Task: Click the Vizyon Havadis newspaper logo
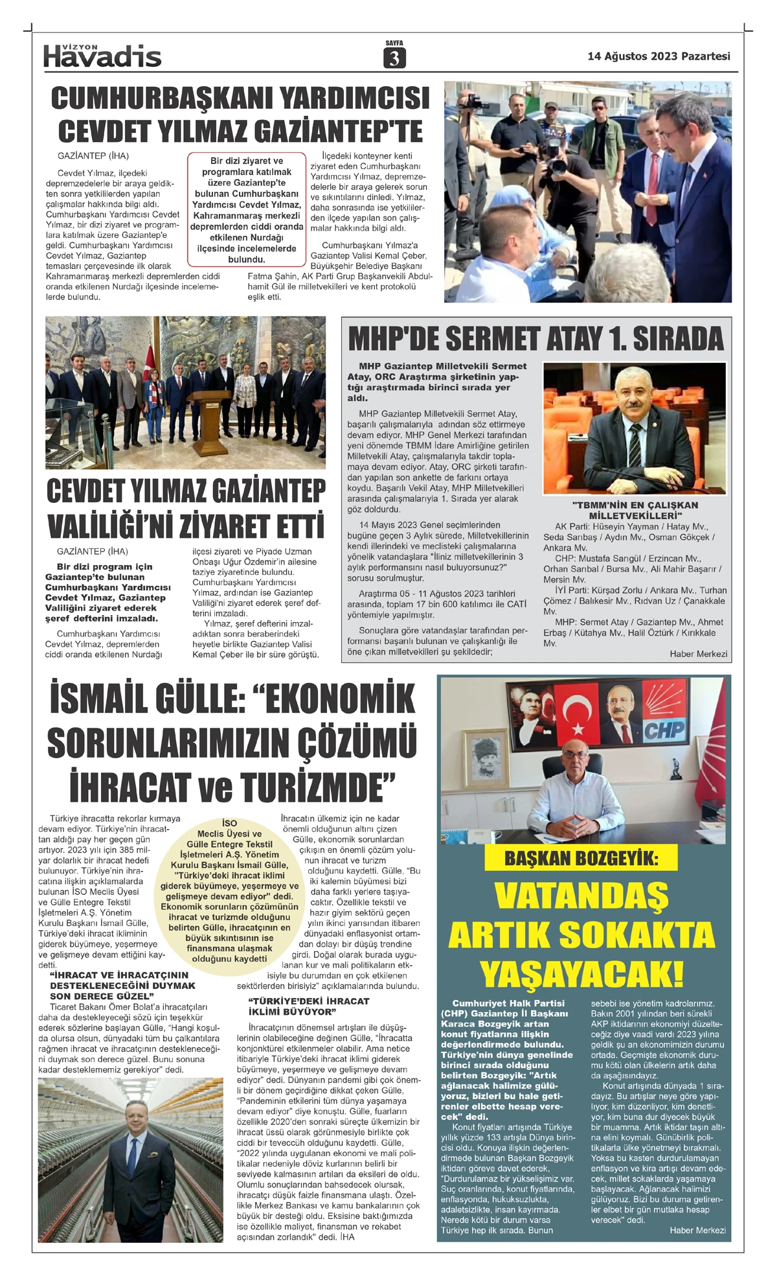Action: tap(102, 56)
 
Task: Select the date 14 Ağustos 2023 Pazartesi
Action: tap(659, 56)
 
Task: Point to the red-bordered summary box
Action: tap(247, 210)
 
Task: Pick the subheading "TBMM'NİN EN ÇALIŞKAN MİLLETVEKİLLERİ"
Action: tap(635, 510)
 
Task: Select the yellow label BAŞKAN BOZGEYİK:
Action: tap(581, 859)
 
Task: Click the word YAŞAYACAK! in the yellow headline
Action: tap(581, 974)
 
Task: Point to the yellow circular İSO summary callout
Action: tap(229, 890)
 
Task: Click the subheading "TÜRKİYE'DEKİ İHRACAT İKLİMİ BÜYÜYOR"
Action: tap(309, 1006)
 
